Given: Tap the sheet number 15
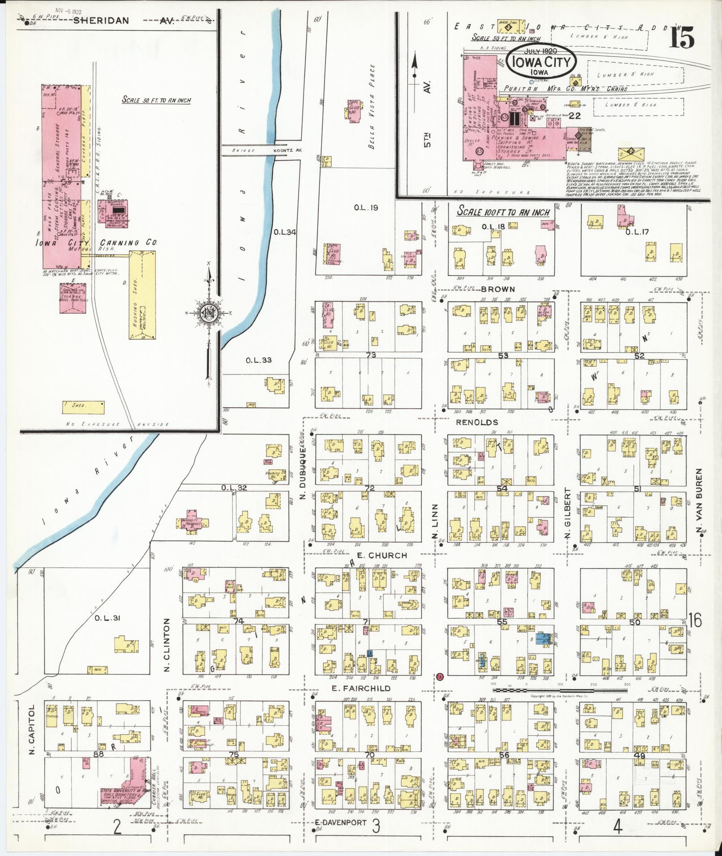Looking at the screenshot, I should (x=683, y=37).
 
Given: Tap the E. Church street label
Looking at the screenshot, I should (x=382, y=555).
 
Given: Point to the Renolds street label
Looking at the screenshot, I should (x=477, y=422).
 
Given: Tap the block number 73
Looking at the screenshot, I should (x=370, y=355).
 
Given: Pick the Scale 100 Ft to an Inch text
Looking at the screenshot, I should (x=504, y=212).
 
